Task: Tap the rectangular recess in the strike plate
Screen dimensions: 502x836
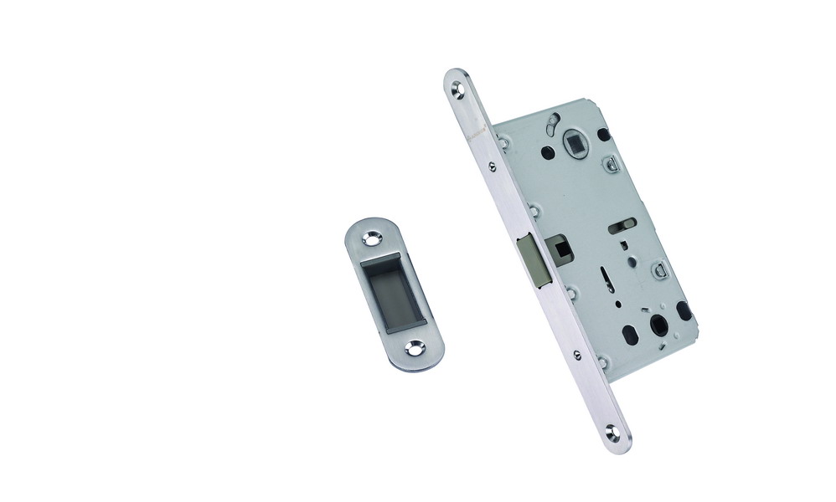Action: tap(390, 293)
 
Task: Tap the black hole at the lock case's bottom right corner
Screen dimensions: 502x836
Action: tap(684, 312)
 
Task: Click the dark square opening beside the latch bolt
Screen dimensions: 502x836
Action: tap(557, 248)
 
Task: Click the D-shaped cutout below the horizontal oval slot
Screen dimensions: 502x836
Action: tap(658, 269)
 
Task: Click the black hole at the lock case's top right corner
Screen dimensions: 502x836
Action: tap(604, 133)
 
